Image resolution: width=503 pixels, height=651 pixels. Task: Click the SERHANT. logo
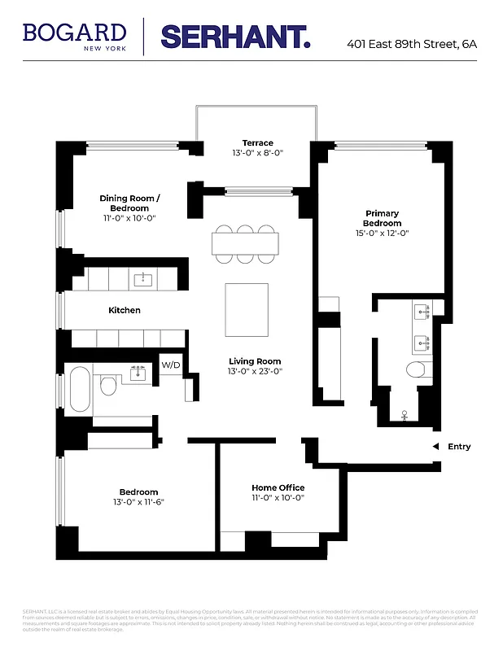click(x=235, y=36)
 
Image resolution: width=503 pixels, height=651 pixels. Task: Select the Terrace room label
click(x=257, y=143)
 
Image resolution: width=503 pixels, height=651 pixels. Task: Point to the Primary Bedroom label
click(x=382, y=218)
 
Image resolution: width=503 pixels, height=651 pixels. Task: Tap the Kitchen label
click(x=125, y=310)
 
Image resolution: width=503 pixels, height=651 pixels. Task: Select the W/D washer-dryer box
click(x=171, y=365)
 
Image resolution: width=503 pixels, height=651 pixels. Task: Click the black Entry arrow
click(x=435, y=446)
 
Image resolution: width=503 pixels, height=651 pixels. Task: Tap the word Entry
click(x=459, y=446)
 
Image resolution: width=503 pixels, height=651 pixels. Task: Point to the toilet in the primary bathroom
click(x=417, y=372)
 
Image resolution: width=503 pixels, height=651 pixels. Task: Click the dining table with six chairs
click(x=245, y=242)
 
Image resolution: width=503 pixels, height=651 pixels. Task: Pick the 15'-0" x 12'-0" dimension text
click(x=382, y=234)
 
